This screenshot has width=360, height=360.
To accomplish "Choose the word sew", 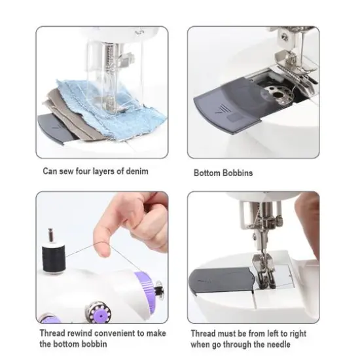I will (x=65, y=171).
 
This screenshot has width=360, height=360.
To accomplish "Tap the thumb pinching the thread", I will (x=105, y=232).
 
